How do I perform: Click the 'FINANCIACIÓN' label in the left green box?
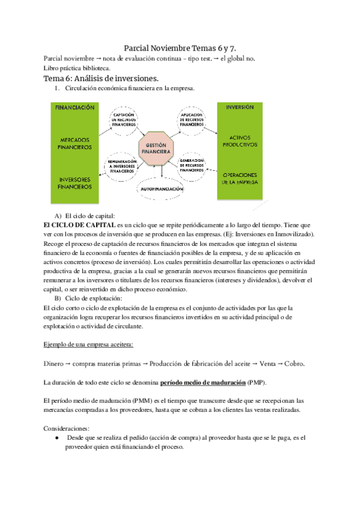75,108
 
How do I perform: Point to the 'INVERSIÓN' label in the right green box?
239,107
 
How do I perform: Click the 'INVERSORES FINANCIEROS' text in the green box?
75,183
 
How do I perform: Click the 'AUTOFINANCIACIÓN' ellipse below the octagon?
161,189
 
